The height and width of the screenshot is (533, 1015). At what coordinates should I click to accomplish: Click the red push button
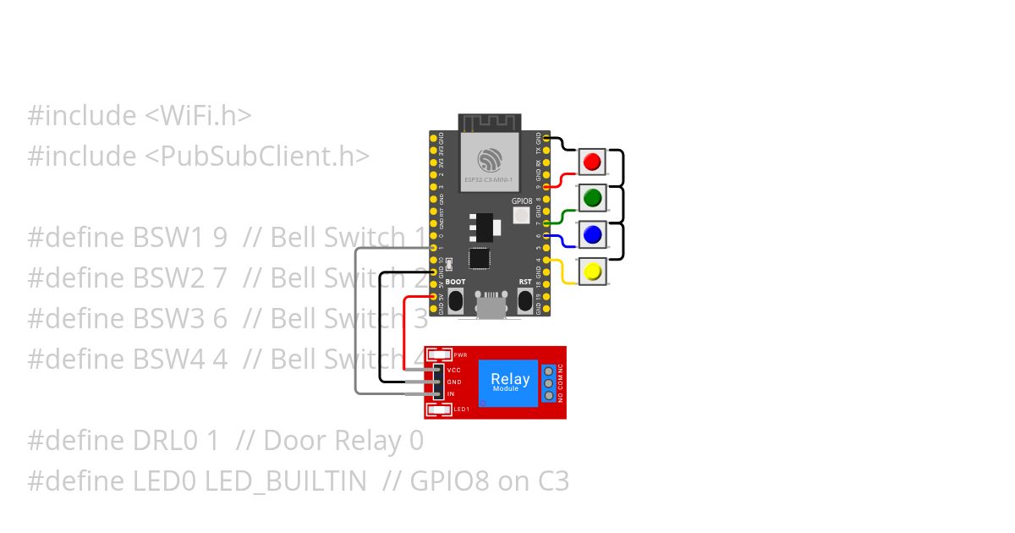click(x=592, y=162)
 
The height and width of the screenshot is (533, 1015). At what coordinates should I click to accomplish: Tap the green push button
click(x=592, y=198)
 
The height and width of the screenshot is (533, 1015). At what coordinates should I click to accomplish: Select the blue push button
click(x=592, y=234)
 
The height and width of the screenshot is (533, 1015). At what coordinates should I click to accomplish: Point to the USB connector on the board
click(x=490, y=306)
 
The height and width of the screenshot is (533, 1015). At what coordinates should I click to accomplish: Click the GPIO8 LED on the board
click(x=522, y=216)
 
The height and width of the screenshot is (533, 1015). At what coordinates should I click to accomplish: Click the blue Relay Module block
click(x=510, y=382)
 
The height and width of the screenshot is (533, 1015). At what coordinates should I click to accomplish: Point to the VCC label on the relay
click(x=453, y=371)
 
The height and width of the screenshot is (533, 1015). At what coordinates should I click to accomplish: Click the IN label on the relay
click(x=451, y=394)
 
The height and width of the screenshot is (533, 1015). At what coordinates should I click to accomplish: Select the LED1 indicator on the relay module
click(x=440, y=410)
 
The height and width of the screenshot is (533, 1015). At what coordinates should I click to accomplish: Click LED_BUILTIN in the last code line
click(x=284, y=481)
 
